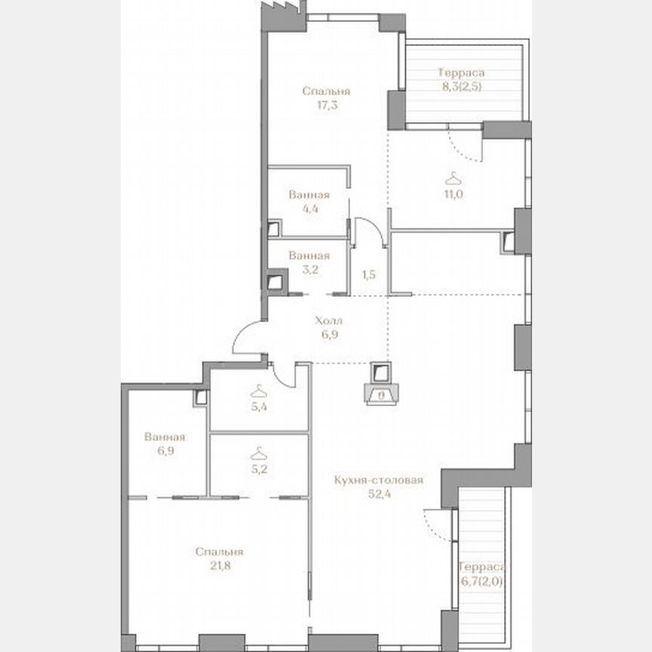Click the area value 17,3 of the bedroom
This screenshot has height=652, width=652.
(x=326, y=105)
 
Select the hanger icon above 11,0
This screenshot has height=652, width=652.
(x=452, y=178)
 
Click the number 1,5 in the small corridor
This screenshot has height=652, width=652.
(x=369, y=275)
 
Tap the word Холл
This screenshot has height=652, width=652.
(x=326, y=321)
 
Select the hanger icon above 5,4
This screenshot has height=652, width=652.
(x=259, y=390)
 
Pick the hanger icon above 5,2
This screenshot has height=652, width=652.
(x=259, y=452)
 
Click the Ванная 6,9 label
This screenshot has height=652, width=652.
(x=165, y=444)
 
